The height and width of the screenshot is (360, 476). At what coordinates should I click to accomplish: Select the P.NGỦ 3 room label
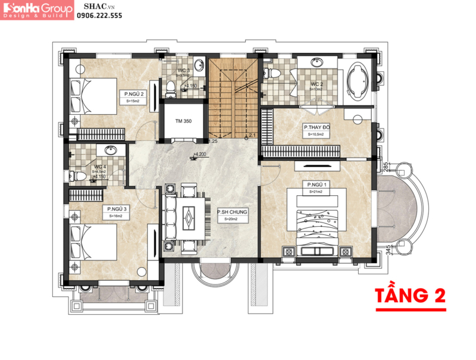coord(115,209)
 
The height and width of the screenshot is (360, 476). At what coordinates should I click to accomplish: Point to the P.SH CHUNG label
coord(231,212)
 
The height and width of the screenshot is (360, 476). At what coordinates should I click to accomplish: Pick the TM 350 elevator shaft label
coord(183,121)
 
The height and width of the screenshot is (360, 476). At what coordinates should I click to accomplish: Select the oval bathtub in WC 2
coord(358,80)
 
